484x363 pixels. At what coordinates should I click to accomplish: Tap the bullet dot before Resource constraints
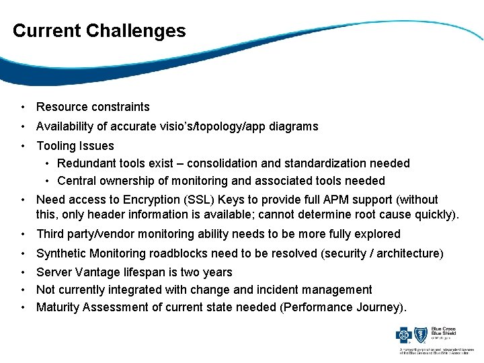23,107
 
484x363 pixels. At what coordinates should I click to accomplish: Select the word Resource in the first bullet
61,107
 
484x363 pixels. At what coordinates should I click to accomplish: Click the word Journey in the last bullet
379,307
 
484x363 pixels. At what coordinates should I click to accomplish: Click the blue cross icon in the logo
407,334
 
